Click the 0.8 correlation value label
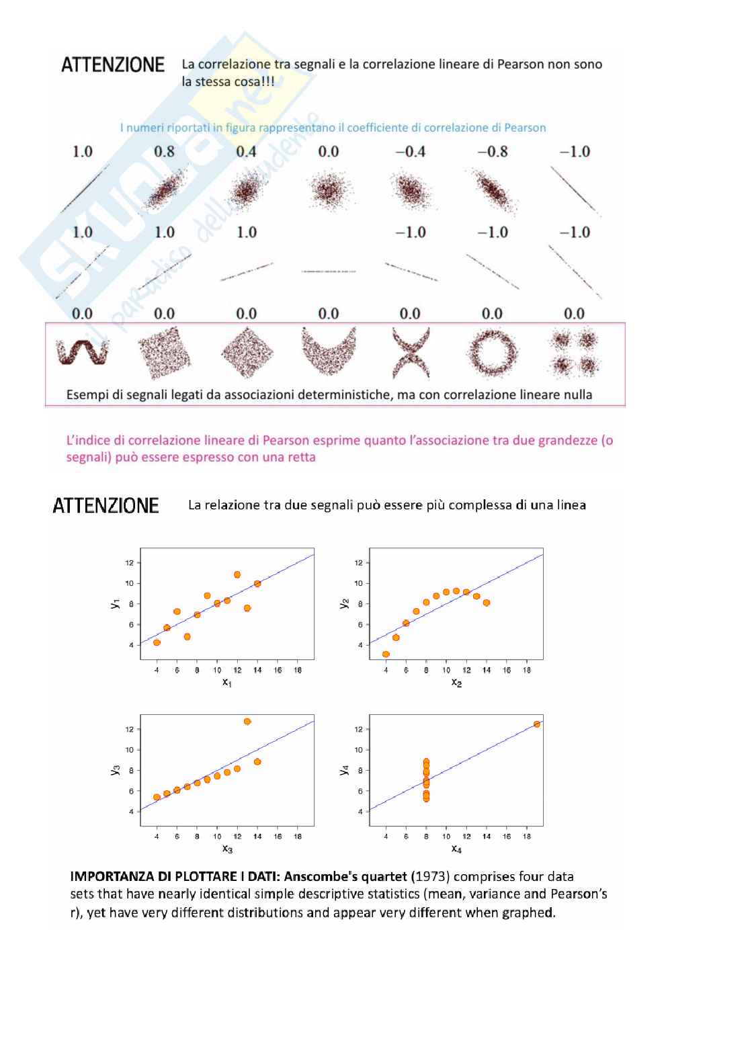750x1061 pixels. coord(164,152)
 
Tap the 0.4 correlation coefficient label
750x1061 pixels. coord(246,152)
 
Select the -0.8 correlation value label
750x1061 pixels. coord(493,152)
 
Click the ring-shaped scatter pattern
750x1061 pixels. coord(493,352)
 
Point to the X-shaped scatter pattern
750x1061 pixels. coord(411,352)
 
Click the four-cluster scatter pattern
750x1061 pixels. coord(575,352)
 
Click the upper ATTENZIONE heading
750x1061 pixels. coord(113,65)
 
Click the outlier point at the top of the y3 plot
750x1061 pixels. coord(247,722)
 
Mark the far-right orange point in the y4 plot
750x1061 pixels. coord(537,724)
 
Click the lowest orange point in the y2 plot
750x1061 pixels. coord(386,654)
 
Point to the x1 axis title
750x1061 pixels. coord(227,683)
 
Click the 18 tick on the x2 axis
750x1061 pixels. coord(527,670)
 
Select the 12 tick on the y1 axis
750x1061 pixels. coord(130,563)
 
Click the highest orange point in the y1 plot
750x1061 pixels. coord(237,575)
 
